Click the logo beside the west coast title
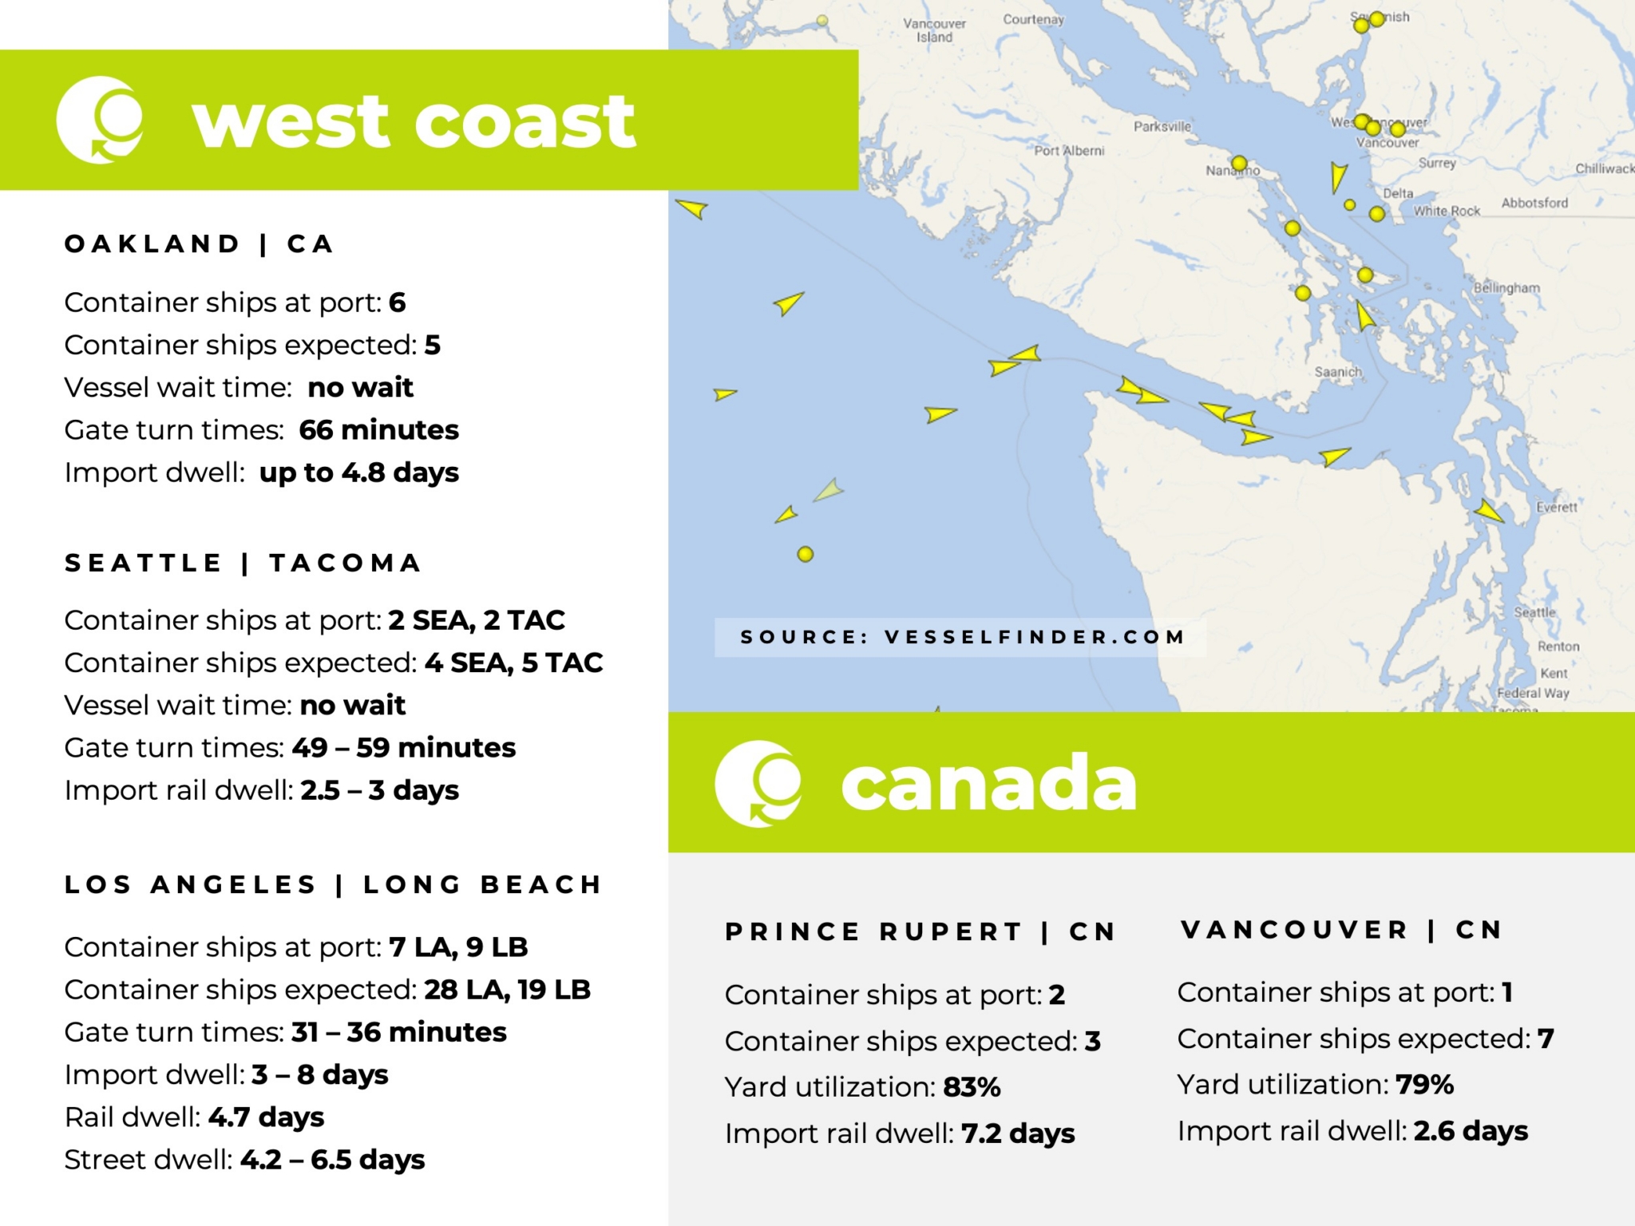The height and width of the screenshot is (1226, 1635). (x=101, y=120)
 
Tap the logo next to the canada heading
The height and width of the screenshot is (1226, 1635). (x=758, y=783)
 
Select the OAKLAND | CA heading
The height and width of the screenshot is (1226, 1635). (x=199, y=243)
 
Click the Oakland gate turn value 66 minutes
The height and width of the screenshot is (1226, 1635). (x=378, y=430)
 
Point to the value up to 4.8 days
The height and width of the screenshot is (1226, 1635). (x=359, y=473)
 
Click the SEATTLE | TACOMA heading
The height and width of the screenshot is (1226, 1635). (x=243, y=563)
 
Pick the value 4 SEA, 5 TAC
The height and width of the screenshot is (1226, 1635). (x=513, y=662)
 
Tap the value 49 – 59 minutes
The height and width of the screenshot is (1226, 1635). (x=404, y=748)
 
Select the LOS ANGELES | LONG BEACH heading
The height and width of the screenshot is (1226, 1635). (x=333, y=884)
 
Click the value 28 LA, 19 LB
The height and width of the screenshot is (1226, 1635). (x=507, y=990)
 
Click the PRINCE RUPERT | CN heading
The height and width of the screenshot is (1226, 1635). (x=920, y=931)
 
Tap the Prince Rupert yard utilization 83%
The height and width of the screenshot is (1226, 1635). (x=972, y=1087)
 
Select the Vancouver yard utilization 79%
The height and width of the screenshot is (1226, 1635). (x=1424, y=1085)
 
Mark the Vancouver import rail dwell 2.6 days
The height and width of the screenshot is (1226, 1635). (x=1471, y=1131)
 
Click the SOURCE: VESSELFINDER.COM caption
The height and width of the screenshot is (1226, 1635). (x=962, y=637)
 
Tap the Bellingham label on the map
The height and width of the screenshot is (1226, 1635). (x=1506, y=288)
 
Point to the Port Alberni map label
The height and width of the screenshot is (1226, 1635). (x=1069, y=151)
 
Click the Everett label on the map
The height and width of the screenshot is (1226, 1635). (x=1557, y=508)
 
